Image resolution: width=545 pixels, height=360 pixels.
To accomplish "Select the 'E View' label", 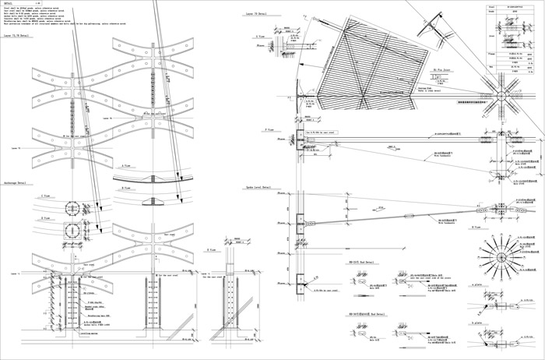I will click(x=211, y=250).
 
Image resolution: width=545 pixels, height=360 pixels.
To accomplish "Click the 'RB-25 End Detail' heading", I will click(x=361, y=263).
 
